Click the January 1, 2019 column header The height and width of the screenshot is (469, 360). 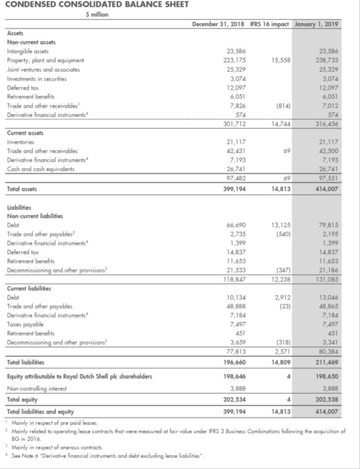click(318, 23)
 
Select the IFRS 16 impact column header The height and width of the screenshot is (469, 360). click(269, 23)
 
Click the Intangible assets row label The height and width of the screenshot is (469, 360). click(28, 51)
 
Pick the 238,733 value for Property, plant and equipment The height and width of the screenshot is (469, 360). click(327, 60)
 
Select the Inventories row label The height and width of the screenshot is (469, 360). click(21, 142)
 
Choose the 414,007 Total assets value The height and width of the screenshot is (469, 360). click(326, 189)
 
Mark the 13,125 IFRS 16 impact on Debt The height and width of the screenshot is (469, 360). click(280, 225)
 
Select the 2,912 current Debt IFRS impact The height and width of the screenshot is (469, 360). click(282, 297)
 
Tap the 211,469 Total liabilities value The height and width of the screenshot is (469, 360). click(326, 363)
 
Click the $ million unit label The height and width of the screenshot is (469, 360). click(97, 14)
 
